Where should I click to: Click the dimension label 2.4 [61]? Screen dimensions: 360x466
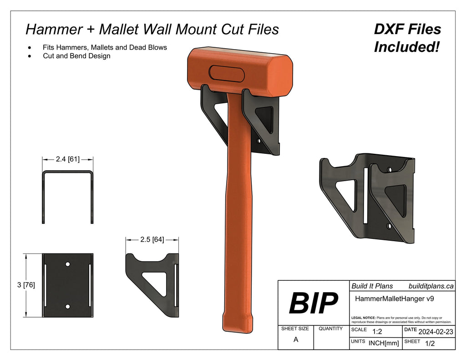[x=68, y=159]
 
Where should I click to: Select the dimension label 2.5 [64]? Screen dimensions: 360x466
[x=152, y=239]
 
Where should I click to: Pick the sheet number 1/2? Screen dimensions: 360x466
[x=429, y=344]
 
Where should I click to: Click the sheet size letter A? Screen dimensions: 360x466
[x=296, y=340]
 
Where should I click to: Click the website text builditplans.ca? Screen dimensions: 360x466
[x=431, y=286]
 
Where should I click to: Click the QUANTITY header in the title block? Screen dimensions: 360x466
[x=330, y=328]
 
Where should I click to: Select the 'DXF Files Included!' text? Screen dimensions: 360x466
[x=407, y=38]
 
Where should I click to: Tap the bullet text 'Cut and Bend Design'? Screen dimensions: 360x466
[x=76, y=56]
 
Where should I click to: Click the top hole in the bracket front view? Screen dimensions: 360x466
[x=67, y=264]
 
